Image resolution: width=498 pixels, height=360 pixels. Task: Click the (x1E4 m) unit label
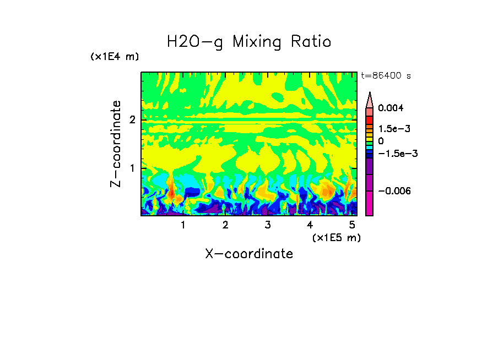115,57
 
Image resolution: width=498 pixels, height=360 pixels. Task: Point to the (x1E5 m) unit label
336,237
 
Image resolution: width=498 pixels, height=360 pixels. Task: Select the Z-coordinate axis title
116,144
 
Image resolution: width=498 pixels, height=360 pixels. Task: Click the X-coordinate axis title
249,254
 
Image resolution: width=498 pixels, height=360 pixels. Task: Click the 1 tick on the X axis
183,225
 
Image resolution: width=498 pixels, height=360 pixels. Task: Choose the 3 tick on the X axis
268,225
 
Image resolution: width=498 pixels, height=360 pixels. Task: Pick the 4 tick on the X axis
310,225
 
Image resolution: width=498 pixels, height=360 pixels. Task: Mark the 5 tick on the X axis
352,225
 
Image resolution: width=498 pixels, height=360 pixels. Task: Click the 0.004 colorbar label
391,108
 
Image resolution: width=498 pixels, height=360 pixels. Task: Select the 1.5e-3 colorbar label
392,129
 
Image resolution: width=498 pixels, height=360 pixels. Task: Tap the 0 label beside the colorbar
381,141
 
